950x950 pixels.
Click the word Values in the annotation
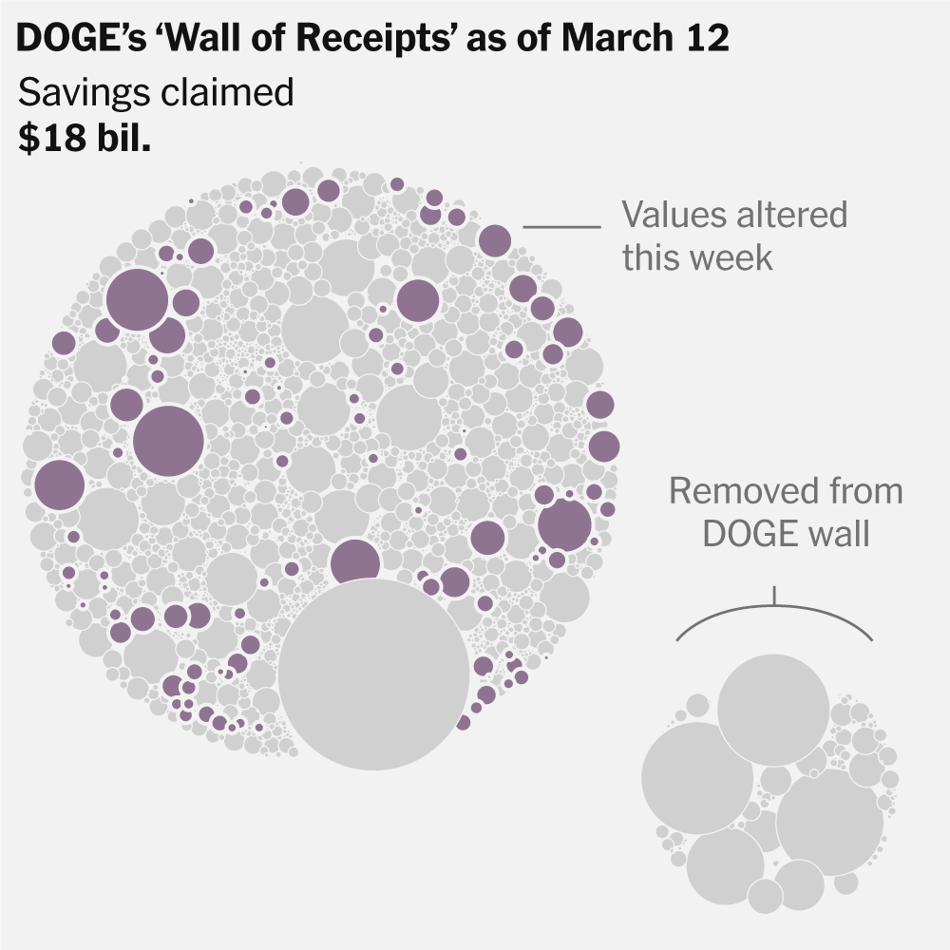(674, 215)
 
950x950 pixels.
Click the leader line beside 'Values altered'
(561, 227)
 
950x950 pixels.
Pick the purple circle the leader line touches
(494, 240)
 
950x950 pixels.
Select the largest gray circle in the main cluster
(373, 674)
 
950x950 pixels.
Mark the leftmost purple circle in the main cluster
(59, 484)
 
